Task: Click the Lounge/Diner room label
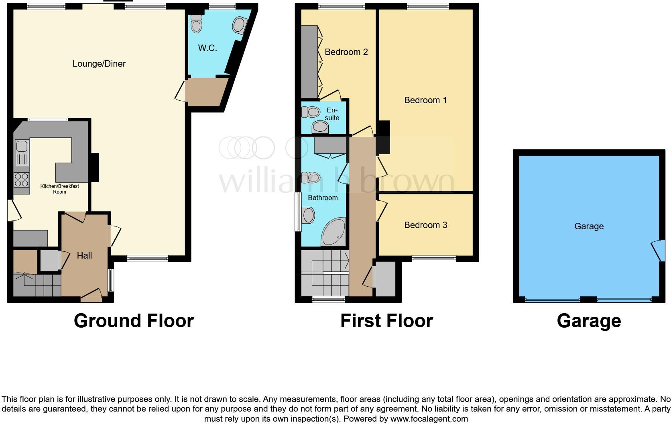pos(99,63)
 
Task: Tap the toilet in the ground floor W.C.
pos(196,24)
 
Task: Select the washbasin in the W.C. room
pos(239,25)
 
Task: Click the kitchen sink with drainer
pos(22,153)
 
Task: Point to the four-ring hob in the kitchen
pos(21,179)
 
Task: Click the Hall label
pos(84,255)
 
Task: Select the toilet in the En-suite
pos(310,111)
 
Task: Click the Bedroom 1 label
pos(425,100)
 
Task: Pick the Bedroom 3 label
pos(425,225)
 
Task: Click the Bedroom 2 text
pos(346,52)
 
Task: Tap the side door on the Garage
pos(657,250)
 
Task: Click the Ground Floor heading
pos(134,320)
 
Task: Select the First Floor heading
pos(386,320)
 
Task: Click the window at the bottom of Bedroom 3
pos(433,259)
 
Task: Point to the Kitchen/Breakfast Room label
pos(59,189)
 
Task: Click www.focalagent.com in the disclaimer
pos(429,419)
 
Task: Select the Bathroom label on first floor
pos(323,198)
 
